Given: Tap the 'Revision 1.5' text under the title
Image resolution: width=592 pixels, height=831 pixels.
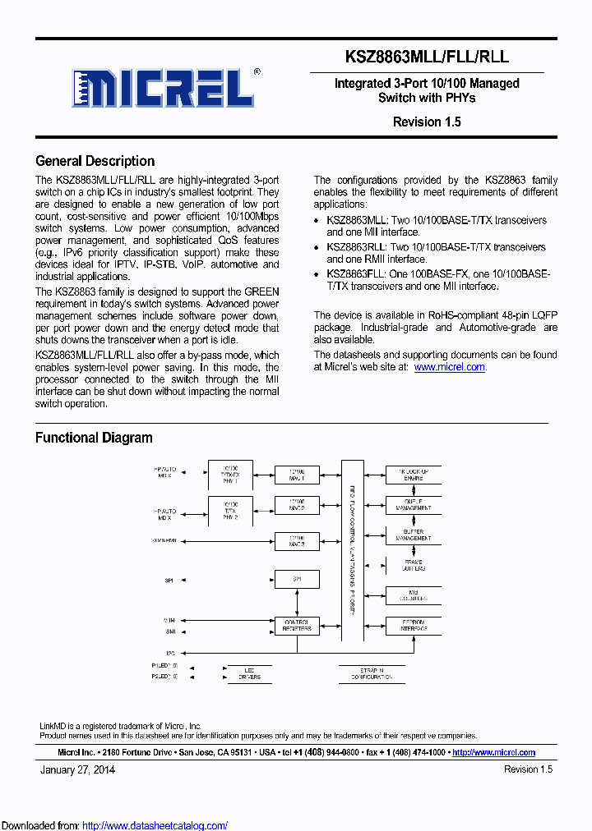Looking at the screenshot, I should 427,122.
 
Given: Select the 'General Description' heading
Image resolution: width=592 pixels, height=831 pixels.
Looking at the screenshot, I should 95,161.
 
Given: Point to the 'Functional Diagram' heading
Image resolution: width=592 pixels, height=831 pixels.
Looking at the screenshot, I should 94,438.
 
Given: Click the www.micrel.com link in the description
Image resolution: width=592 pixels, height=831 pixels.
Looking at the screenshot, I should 449,367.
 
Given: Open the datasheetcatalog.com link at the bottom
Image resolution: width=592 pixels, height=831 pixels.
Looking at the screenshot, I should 155,825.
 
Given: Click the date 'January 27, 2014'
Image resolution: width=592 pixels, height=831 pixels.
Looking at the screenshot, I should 77,769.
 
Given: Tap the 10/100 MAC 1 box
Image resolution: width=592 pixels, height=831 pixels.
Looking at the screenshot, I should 297,475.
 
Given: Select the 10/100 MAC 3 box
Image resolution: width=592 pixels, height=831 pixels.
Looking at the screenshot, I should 297,541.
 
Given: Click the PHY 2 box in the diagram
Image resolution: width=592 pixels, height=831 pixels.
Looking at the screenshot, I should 230,511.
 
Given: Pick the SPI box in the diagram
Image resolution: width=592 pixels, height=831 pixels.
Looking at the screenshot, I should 297,580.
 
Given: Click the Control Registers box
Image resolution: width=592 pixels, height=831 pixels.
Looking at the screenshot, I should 297,626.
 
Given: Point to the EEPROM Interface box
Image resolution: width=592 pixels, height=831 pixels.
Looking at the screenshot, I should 412,626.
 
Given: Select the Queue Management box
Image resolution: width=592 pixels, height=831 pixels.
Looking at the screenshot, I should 412,504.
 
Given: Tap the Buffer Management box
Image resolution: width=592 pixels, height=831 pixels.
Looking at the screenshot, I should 412,536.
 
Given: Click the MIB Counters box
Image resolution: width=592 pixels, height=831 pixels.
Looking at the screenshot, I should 412,595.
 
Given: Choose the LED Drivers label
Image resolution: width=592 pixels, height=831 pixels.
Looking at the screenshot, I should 250,673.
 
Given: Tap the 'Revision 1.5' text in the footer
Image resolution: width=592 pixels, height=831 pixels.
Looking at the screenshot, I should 528,769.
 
